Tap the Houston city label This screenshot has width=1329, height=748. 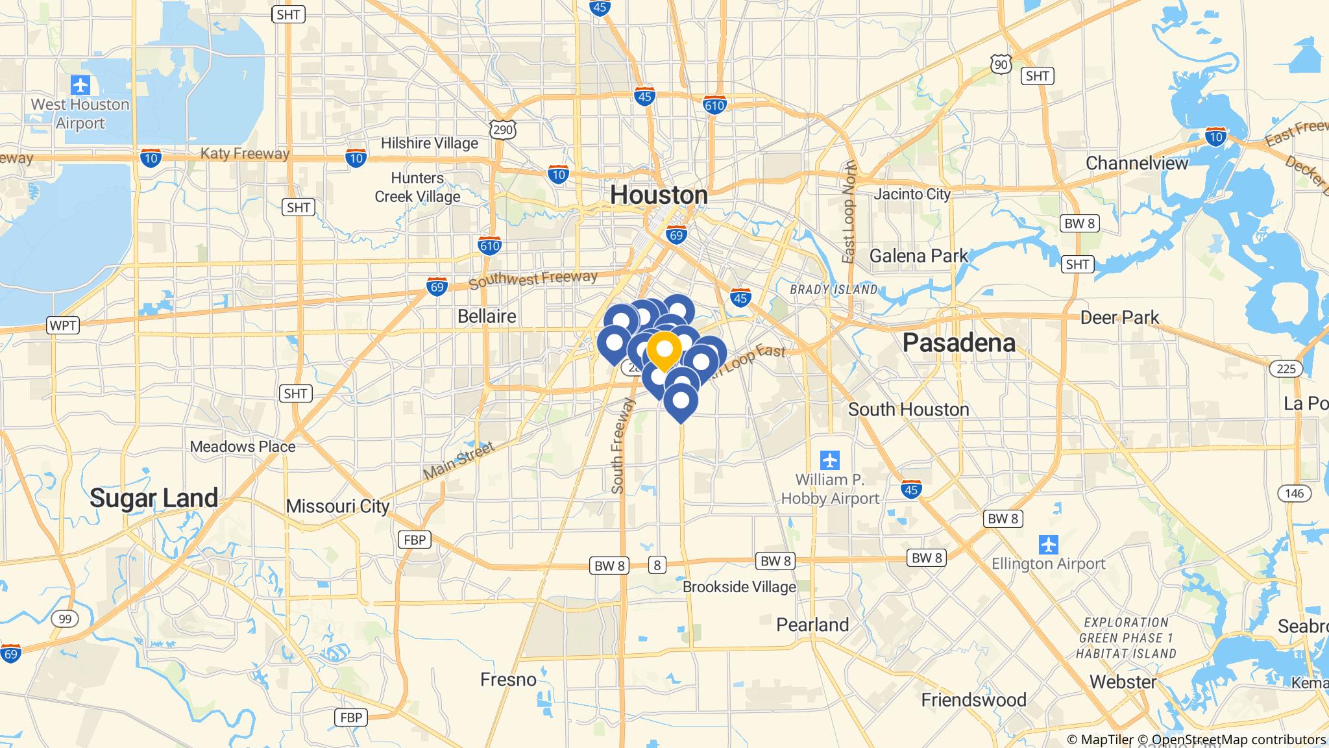659,195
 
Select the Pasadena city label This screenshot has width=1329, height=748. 958,343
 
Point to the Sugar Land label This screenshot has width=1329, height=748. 154,498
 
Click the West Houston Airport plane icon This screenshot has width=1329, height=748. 80,84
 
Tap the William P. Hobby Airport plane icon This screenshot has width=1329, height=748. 829,460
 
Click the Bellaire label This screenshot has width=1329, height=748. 487,316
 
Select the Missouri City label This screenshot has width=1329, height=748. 337,506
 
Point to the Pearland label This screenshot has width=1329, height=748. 812,625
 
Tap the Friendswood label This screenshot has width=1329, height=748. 973,699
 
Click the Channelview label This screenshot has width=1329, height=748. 1136,163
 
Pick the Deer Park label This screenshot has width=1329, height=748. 1119,318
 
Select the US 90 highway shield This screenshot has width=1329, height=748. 1001,63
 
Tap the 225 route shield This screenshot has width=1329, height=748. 1285,369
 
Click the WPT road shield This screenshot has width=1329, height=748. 63,325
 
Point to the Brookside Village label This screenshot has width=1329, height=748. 739,587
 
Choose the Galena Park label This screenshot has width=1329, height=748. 918,256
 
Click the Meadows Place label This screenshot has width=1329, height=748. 243,447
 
